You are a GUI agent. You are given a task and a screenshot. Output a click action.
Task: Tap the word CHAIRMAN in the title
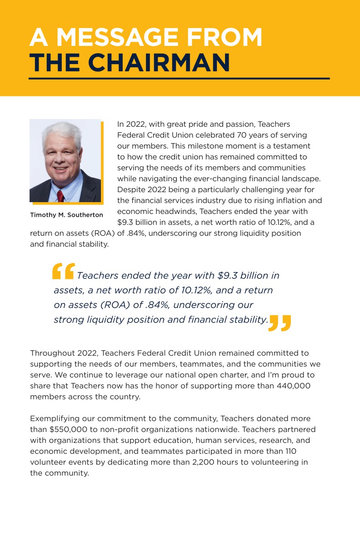[159, 63]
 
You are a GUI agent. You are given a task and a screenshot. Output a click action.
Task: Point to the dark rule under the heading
[179, 79]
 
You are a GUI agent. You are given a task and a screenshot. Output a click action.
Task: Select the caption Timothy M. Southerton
[66, 215]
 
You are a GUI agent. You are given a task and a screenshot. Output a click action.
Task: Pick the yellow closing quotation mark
[280, 323]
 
